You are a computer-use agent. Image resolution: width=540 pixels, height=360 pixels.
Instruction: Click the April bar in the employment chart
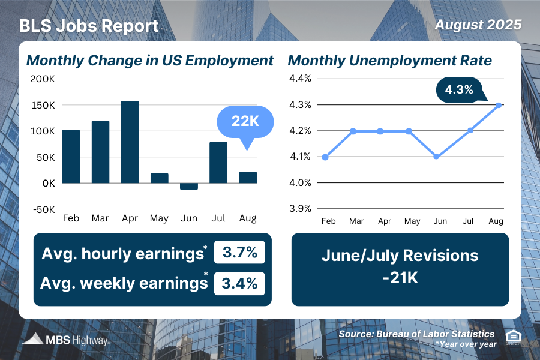pyautogui.click(x=130, y=142)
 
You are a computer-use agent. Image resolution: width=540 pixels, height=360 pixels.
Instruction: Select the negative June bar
pyautogui.click(x=188, y=187)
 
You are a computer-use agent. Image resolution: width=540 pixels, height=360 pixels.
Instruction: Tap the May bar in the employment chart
pyautogui.click(x=159, y=178)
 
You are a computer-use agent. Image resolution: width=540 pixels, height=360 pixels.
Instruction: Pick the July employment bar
pyautogui.click(x=218, y=163)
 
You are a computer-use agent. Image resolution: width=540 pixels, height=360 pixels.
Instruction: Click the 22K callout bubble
pyautogui.click(x=245, y=122)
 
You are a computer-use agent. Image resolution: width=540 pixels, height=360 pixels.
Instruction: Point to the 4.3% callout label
pyautogui.click(x=459, y=91)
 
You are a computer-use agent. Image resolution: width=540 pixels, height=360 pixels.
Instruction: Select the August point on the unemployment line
pyautogui.click(x=498, y=105)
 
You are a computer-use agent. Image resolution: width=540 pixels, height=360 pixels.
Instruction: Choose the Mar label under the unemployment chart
pyautogui.click(x=357, y=221)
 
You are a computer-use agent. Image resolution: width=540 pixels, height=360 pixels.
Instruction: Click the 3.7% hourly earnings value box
pyautogui.click(x=239, y=253)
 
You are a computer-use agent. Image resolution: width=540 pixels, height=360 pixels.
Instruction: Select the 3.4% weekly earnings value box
pyautogui.click(x=239, y=282)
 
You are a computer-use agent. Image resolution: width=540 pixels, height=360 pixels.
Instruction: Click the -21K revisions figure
pyautogui.click(x=400, y=279)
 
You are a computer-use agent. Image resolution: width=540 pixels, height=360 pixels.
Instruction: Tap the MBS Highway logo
pyautogui.click(x=66, y=340)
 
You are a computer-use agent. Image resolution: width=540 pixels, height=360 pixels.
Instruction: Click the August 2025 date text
pyautogui.click(x=478, y=25)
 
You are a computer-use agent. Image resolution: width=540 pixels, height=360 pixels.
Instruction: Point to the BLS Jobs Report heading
pyautogui.click(x=89, y=26)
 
